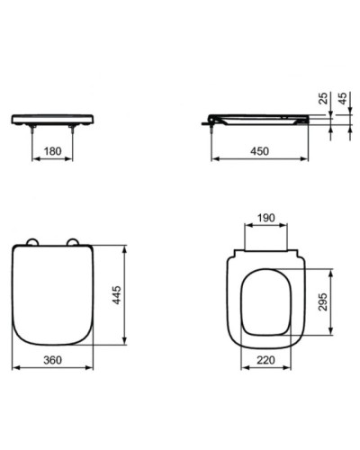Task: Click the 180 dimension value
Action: point(52,152)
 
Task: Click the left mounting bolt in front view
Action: point(33,131)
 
